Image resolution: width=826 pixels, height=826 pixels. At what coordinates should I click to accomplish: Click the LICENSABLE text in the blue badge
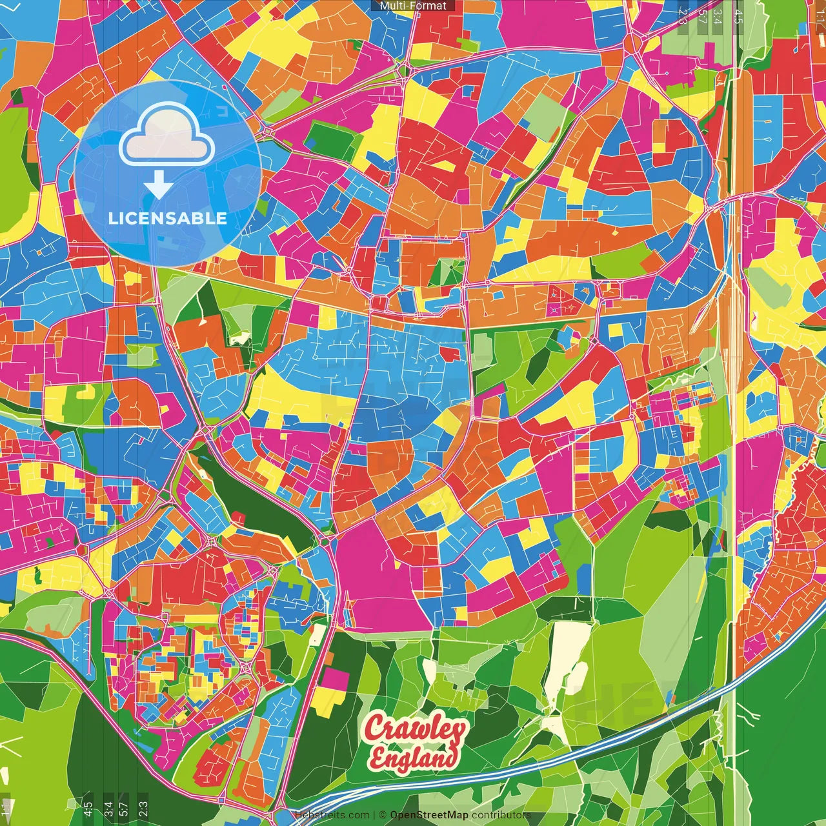[168, 218]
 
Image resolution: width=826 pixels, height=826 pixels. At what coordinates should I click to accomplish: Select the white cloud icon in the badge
[167, 136]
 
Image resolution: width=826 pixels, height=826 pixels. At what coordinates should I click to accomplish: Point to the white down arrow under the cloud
[158, 186]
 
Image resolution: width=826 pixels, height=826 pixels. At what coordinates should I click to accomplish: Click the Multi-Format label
[413, 6]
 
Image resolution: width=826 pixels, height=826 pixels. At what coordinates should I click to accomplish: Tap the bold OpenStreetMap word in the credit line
[429, 815]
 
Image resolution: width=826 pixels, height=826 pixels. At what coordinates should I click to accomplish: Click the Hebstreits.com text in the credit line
[332, 815]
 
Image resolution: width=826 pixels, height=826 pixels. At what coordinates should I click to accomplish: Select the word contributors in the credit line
[501, 815]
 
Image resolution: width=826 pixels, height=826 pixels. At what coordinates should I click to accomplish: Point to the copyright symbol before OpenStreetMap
[383, 815]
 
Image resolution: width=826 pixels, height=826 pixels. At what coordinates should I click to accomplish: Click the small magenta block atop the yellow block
[335, 679]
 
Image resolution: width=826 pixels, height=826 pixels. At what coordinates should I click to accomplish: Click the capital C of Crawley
[376, 729]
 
